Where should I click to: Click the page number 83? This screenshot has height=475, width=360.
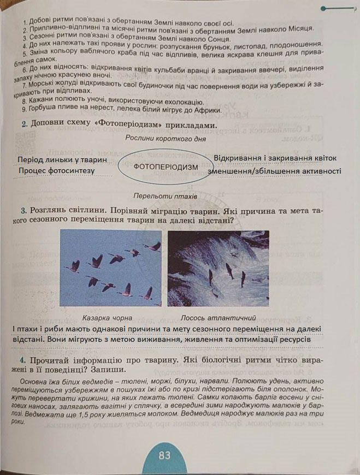pyautogui.click(x=164, y=455)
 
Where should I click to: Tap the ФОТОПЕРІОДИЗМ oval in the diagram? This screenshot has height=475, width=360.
pyautogui.click(x=166, y=166)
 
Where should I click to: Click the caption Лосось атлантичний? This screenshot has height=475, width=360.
pyautogui.click(x=219, y=317)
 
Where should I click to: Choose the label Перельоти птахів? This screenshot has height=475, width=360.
pyautogui.click(x=165, y=196)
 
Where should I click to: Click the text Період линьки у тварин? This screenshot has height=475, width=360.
pyautogui.click(x=62, y=161)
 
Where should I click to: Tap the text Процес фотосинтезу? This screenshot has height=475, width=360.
pyautogui.click(x=56, y=171)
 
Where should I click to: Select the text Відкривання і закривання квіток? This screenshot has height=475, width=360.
pyautogui.click(x=275, y=158)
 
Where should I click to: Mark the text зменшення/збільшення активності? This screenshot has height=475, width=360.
pyautogui.click(x=274, y=171)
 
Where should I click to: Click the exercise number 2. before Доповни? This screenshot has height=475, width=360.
pyautogui.click(x=25, y=124)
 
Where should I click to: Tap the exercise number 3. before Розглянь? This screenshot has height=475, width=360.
pyautogui.click(x=24, y=210)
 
